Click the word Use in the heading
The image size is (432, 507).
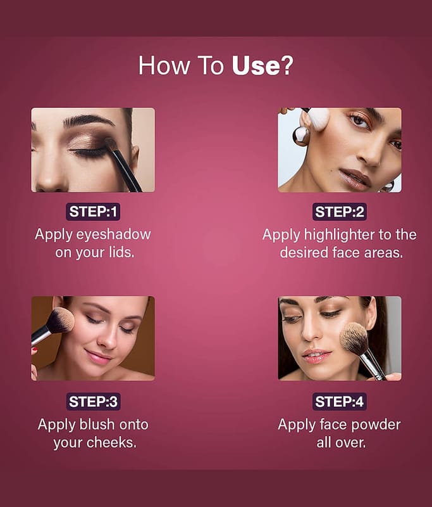(256, 66)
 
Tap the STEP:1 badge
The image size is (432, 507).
(93, 212)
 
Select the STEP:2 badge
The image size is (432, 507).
(340, 212)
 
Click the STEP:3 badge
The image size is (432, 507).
(93, 402)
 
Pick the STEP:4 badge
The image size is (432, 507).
(340, 402)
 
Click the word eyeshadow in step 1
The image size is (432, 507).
(113, 234)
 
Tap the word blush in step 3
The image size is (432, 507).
(97, 424)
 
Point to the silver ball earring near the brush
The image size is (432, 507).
(300, 135)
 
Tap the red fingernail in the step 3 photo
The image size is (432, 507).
(35, 350)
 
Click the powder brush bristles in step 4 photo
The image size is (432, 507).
(355, 338)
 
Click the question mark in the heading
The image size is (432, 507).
(287, 66)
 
